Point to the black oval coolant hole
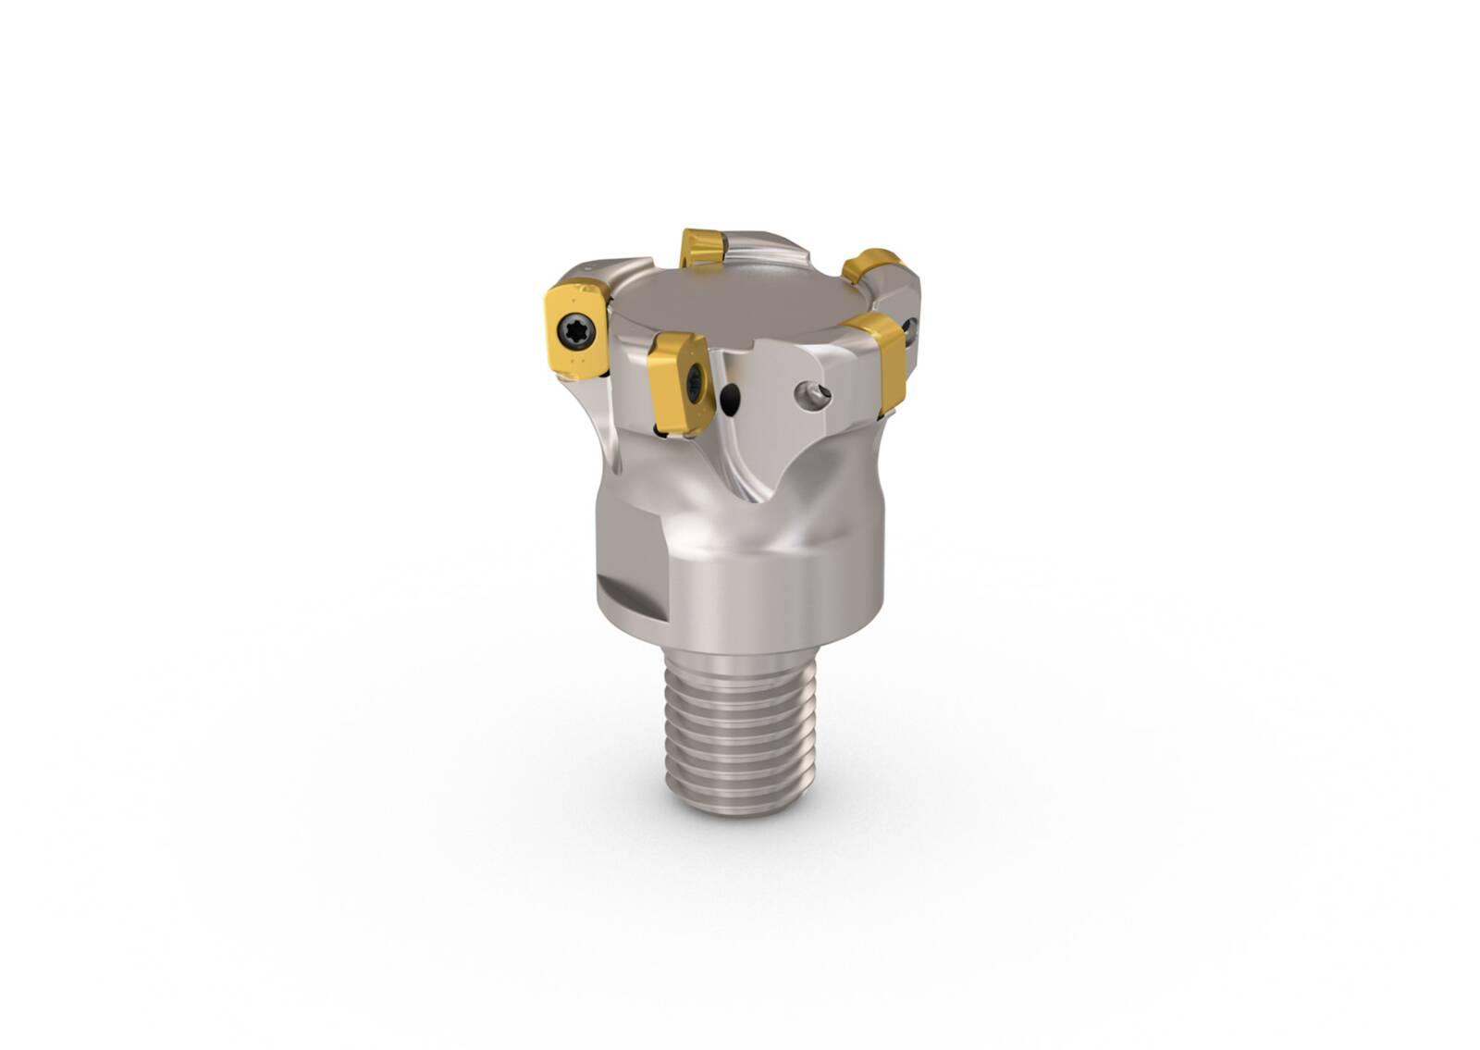pyautogui.click(x=731, y=400)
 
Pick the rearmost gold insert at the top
pyautogui.click(x=701, y=248)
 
